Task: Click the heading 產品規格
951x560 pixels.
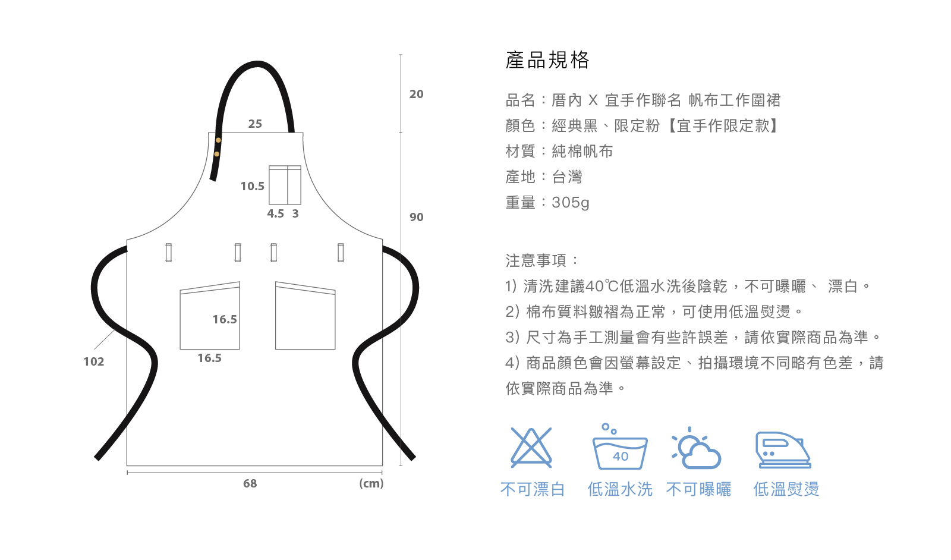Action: pos(547,60)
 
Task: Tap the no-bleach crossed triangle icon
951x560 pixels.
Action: pos(531,448)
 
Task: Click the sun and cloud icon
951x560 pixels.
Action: pos(696,449)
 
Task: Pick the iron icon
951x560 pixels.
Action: pos(783,450)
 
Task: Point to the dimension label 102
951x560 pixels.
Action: pos(93,361)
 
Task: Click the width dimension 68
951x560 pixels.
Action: pos(250,483)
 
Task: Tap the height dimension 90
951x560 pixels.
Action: pos(416,217)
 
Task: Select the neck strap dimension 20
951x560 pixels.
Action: pos(416,94)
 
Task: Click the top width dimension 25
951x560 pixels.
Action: pos(255,124)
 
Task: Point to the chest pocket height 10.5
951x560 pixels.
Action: pos(252,186)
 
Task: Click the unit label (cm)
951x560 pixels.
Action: pos(371,483)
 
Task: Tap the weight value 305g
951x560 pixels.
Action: pos(571,203)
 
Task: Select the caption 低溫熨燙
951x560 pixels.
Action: pos(786,489)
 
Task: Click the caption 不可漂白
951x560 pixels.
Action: pos(532,489)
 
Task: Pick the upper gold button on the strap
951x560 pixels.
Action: pos(218,140)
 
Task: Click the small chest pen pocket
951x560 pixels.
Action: pos(285,185)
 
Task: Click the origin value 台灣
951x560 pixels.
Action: pos(567,177)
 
